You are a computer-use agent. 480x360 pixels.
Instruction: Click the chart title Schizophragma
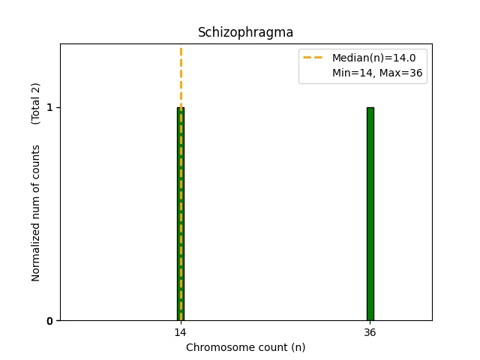(x=245, y=33)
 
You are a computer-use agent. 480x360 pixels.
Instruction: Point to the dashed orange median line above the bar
(x=181, y=75)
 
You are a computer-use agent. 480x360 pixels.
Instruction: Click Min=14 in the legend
(x=352, y=73)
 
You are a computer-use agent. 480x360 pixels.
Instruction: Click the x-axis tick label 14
(x=181, y=333)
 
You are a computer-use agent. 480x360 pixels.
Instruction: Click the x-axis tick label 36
(x=370, y=333)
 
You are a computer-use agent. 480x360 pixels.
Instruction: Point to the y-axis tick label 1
(x=50, y=107)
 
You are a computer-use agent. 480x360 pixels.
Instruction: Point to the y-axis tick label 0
(x=50, y=321)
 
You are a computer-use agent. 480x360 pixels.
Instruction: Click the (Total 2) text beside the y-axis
(x=36, y=103)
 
